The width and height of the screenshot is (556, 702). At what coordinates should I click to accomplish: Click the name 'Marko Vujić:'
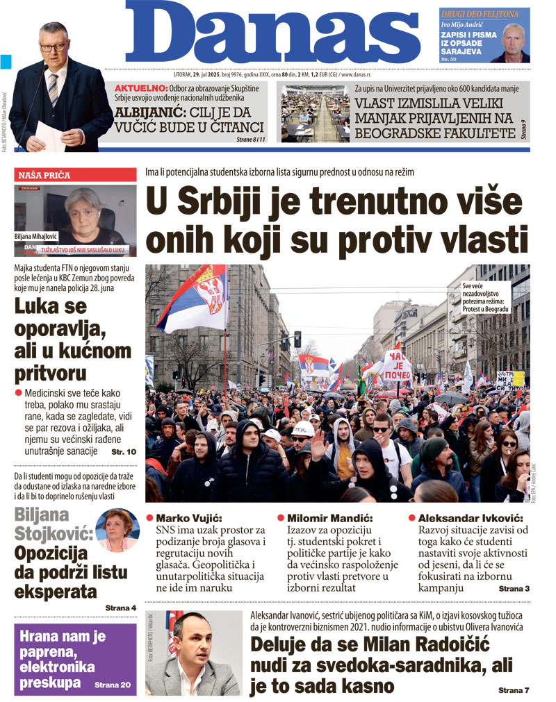coord(188,519)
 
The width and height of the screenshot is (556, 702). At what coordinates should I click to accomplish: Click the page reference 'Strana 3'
coord(514,589)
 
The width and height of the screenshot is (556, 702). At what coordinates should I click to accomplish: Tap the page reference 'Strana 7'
coord(514,690)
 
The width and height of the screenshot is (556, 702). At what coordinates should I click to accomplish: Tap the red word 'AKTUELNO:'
coord(141,88)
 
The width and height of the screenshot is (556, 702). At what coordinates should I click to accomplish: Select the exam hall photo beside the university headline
coord(314,113)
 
